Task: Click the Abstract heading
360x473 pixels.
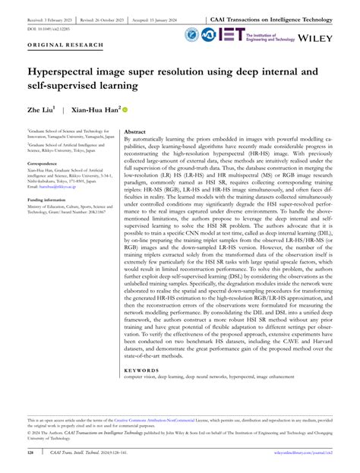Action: click(x=134, y=131)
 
